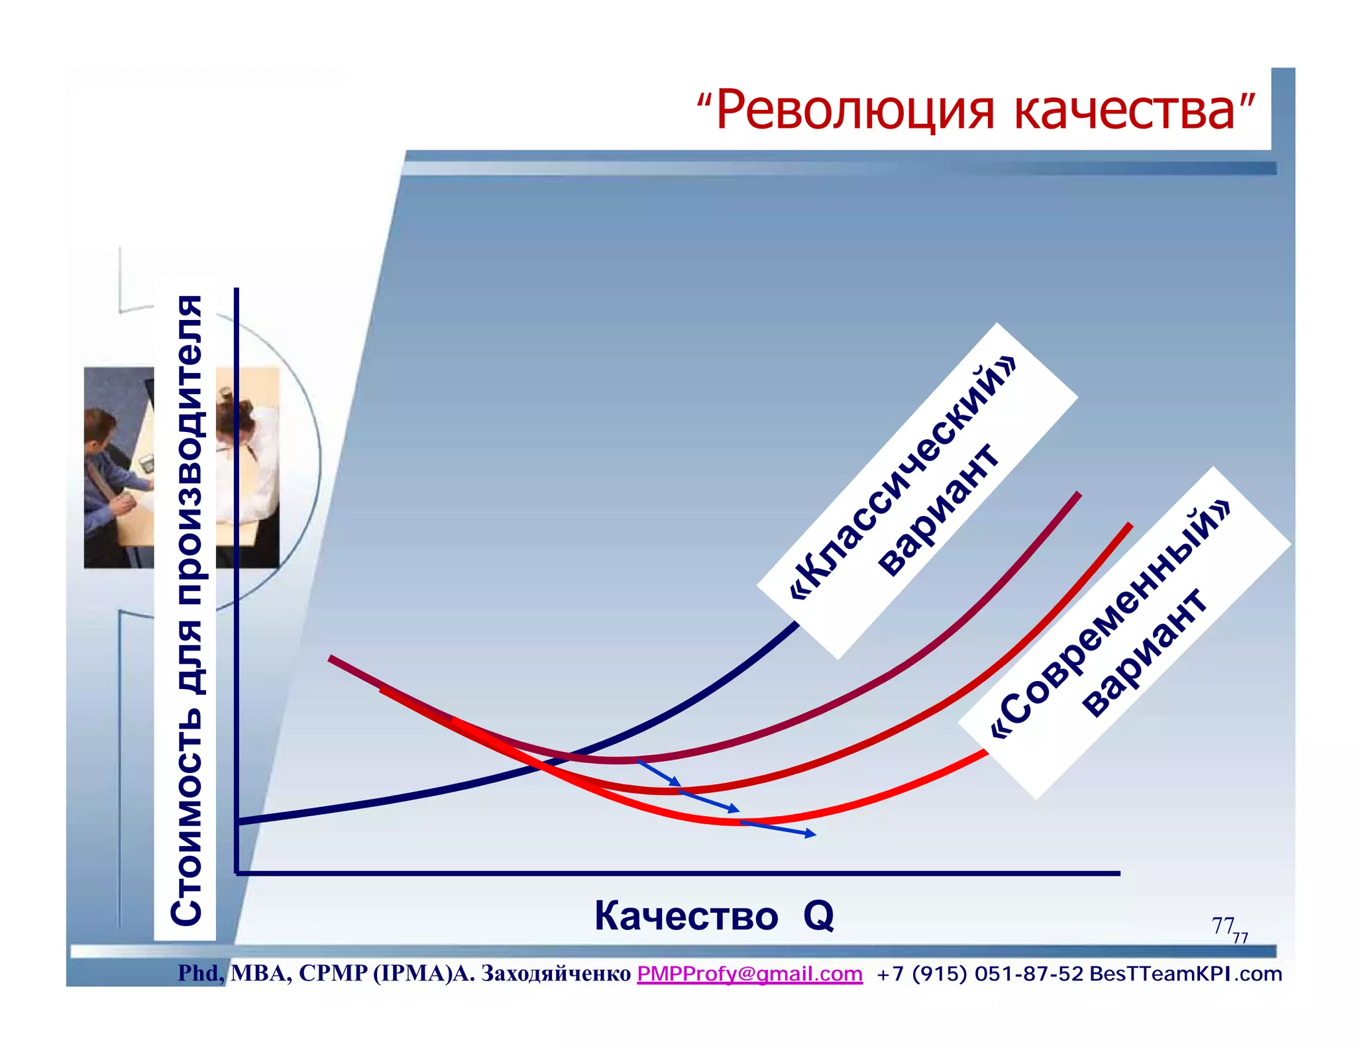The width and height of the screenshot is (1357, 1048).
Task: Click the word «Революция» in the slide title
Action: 855,111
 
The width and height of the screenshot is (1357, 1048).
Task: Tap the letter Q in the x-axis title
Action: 818,916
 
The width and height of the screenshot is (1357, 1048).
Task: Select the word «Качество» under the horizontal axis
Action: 686,916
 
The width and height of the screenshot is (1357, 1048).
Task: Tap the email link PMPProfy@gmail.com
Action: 749,974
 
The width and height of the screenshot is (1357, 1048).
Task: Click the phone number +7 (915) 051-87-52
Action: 979,974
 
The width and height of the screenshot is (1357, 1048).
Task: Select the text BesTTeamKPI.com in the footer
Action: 1185,974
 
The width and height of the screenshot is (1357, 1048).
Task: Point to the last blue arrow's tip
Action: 814,835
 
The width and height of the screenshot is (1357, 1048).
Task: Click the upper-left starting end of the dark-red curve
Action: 331,658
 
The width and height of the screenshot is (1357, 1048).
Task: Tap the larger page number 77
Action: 1222,925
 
